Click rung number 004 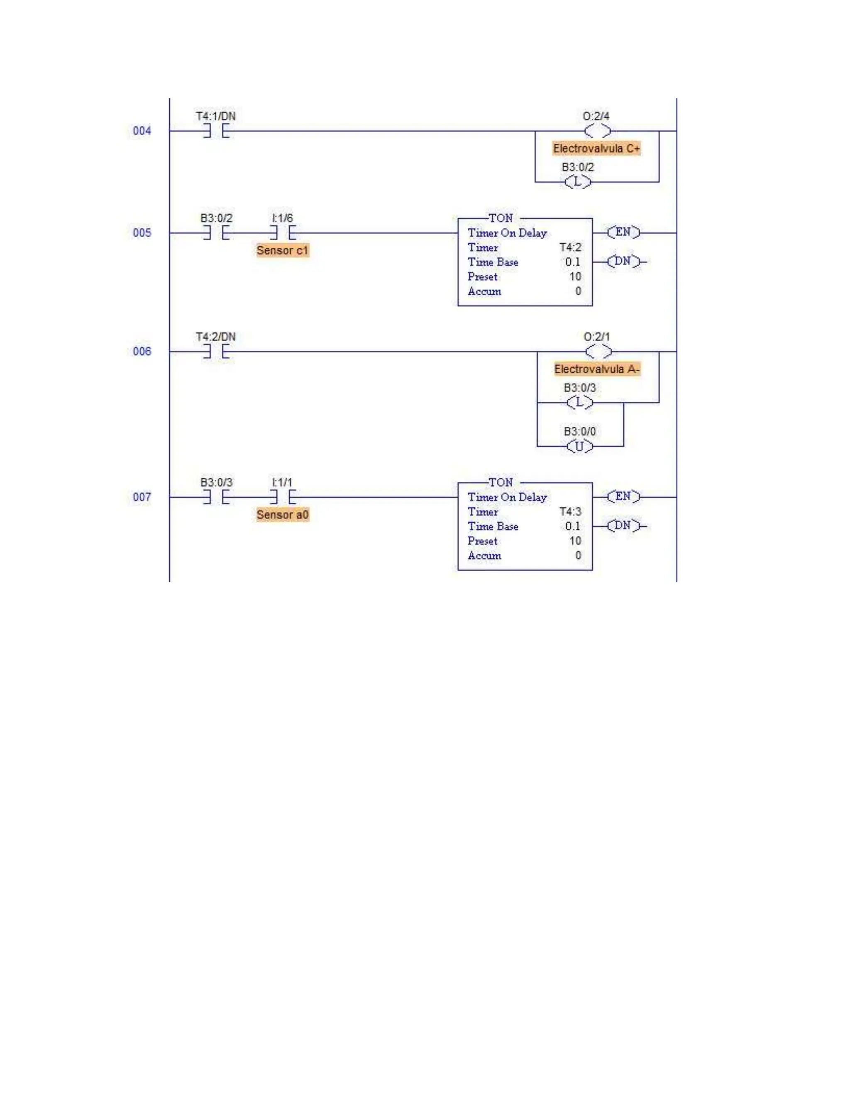point(142,131)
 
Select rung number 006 point(142,351)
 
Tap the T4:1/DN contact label point(215,116)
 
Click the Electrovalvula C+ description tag point(596,149)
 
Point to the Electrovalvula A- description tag point(597,369)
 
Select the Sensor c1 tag point(282,250)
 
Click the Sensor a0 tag point(282,515)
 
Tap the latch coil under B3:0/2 point(578,182)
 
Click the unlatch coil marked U point(579,446)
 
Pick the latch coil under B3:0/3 point(579,402)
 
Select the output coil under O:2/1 point(598,352)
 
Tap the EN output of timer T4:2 point(623,232)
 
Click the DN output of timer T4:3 point(623,526)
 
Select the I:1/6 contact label point(282,218)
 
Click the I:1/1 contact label point(282,482)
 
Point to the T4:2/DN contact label point(215,337)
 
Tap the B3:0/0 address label point(579,432)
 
